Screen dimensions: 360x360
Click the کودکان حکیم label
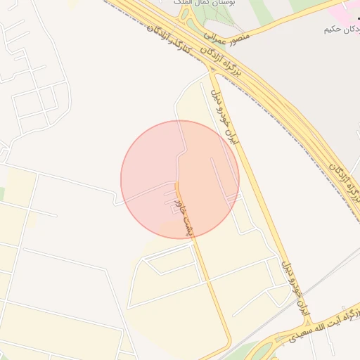[x=341, y=29]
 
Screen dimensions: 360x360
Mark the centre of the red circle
[x=180, y=179]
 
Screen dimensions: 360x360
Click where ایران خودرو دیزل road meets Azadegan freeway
[x=212, y=71]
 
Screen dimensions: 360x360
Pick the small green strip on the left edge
[x=2, y=193]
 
